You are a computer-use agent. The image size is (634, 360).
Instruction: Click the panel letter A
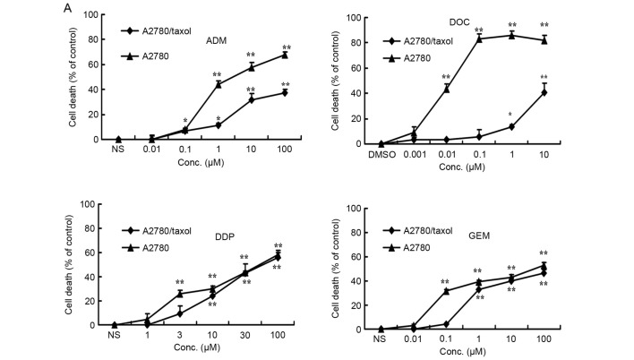(x=68, y=7)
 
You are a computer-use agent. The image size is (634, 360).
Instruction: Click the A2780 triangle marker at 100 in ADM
(x=286, y=55)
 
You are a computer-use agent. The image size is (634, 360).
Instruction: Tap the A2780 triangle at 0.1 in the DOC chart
(x=478, y=39)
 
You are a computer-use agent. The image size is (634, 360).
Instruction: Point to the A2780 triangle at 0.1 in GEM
(x=446, y=290)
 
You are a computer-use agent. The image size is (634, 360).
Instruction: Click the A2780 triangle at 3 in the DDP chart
(x=180, y=293)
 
